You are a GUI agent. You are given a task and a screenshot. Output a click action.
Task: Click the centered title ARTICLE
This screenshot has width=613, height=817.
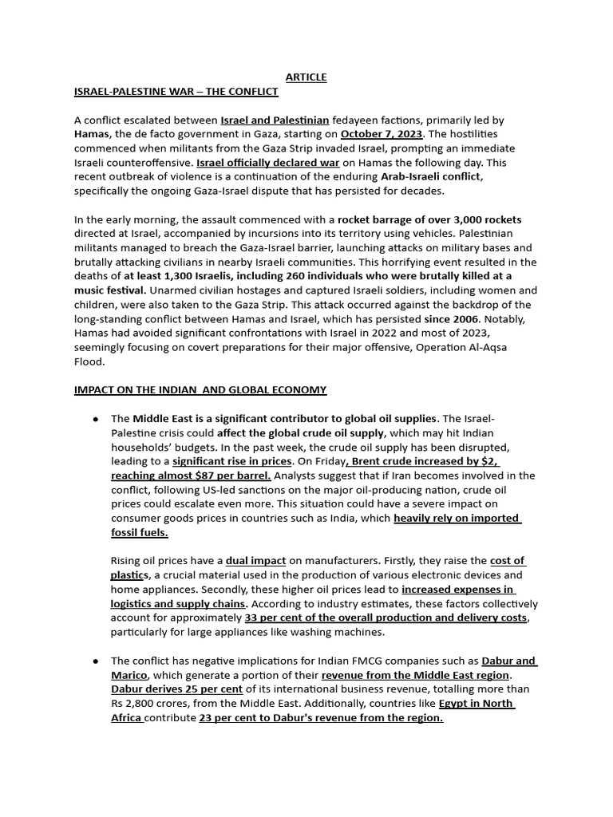tap(306, 77)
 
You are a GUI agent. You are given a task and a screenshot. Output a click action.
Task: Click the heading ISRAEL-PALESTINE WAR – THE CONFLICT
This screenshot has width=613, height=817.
tap(176, 92)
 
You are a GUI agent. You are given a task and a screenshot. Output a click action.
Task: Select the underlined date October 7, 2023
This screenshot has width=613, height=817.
tap(381, 134)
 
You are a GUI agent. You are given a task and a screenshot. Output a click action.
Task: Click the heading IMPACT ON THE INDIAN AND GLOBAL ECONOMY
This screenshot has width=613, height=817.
tap(200, 390)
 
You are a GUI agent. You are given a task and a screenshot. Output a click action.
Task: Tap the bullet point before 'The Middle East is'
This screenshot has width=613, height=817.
tap(97, 420)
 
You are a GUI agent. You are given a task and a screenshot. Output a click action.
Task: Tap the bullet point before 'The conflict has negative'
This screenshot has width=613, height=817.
tap(97, 661)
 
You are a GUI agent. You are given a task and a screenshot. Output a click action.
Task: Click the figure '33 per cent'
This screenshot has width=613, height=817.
tap(273, 618)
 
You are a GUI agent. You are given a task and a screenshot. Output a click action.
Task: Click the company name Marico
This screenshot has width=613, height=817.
tap(129, 675)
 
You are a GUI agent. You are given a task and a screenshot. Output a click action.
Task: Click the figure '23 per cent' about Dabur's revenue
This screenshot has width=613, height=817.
tap(226, 717)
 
